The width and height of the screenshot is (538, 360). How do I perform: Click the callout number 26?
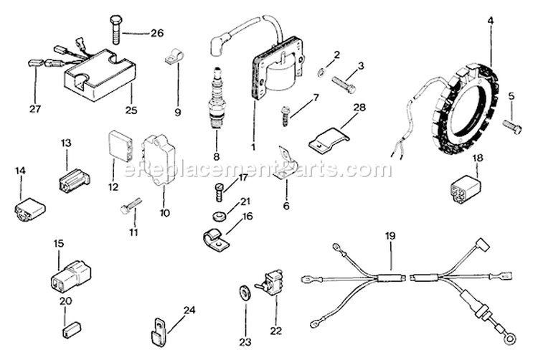(x=156, y=33)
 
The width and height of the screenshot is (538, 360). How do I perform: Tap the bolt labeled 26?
(x=117, y=29)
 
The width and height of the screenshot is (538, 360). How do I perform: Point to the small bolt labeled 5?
(x=512, y=126)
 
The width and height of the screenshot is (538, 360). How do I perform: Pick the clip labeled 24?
(x=157, y=331)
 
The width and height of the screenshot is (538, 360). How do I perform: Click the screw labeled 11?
(x=128, y=208)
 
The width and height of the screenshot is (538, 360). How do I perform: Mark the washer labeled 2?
(x=323, y=72)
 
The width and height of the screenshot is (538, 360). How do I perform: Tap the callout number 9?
(x=178, y=112)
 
